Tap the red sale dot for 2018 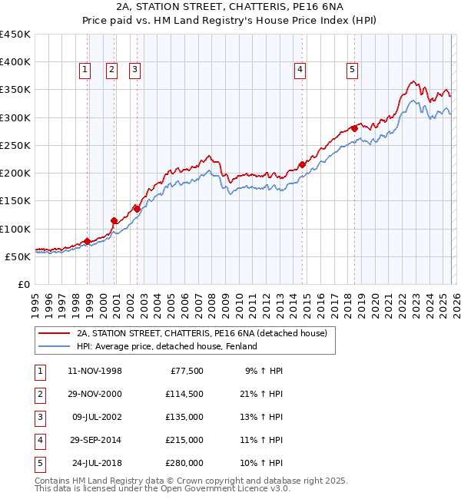354,128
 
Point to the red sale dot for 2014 302,164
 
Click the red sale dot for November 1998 87,241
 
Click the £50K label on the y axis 18,256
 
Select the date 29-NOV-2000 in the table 95,394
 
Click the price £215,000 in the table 184,440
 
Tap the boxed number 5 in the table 38,463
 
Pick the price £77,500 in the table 187,371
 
